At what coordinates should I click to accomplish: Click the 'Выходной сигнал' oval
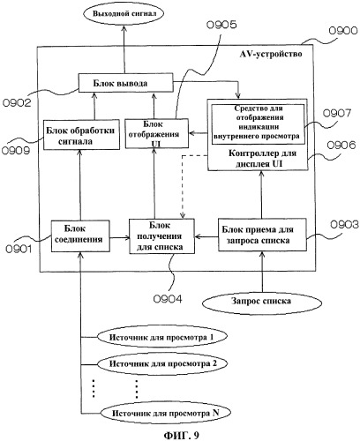124,14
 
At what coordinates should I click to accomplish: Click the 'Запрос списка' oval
261,302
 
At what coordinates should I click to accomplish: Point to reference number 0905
221,25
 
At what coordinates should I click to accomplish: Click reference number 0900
343,31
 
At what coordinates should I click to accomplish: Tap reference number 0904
168,299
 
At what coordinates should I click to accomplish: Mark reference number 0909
16,151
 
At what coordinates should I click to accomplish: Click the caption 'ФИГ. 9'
181,435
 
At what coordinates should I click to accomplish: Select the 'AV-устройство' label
271,54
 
